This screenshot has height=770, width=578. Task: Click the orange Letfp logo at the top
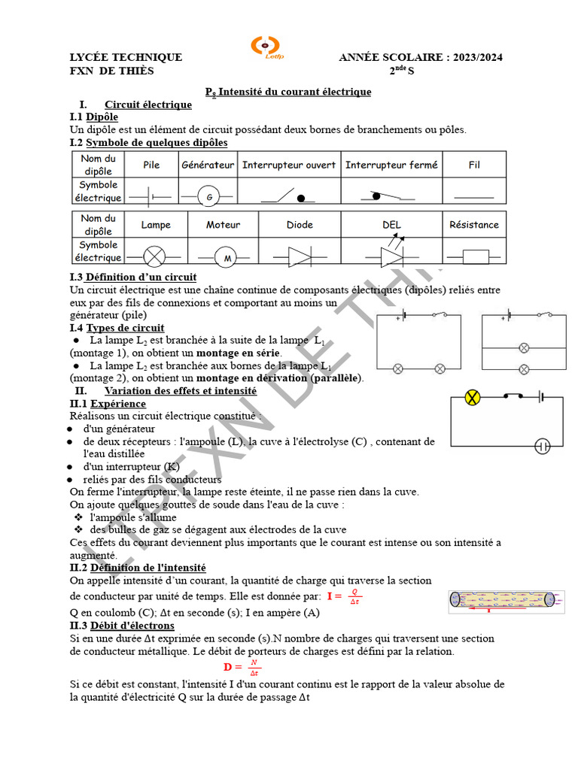[264, 46]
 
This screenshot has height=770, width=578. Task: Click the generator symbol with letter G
[208, 197]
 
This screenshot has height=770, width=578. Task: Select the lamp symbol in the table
[154, 257]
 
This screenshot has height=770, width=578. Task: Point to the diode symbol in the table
[299, 257]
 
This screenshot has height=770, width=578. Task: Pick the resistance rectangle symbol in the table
[474, 257]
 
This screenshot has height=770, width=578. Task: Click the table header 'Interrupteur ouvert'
[289, 165]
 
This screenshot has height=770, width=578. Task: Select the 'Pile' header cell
[151, 165]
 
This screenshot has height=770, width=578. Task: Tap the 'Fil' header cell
[474, 165]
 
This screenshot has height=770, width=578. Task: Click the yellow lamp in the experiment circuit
[473, 398]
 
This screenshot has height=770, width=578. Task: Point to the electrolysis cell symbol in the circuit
[543, 446]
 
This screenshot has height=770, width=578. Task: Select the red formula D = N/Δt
[242, 667]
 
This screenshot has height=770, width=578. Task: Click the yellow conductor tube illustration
[501, 599]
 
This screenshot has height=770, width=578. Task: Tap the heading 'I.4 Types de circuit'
[117, 328]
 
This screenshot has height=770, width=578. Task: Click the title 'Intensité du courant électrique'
[289, 92]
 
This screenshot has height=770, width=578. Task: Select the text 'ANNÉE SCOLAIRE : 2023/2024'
[421, 57]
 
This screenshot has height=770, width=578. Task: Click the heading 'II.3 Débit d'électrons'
[122, 626]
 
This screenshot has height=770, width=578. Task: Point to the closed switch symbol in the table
[391, 196]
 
